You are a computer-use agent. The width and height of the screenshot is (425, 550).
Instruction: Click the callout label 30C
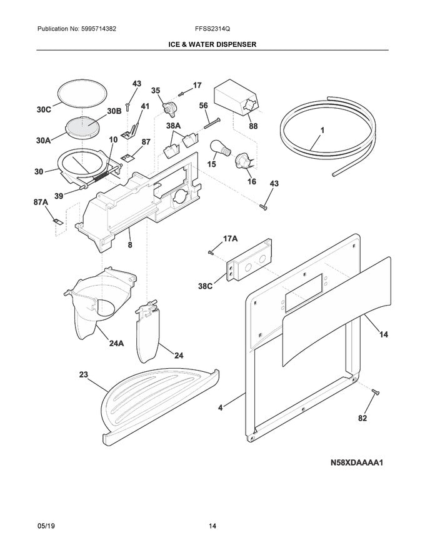pos(43,110)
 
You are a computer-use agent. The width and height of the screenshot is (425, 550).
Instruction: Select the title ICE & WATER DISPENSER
pos(212,45)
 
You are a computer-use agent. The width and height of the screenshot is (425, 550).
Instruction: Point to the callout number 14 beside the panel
pos(382,335)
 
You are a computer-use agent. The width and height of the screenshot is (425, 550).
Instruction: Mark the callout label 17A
pos(231,238)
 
